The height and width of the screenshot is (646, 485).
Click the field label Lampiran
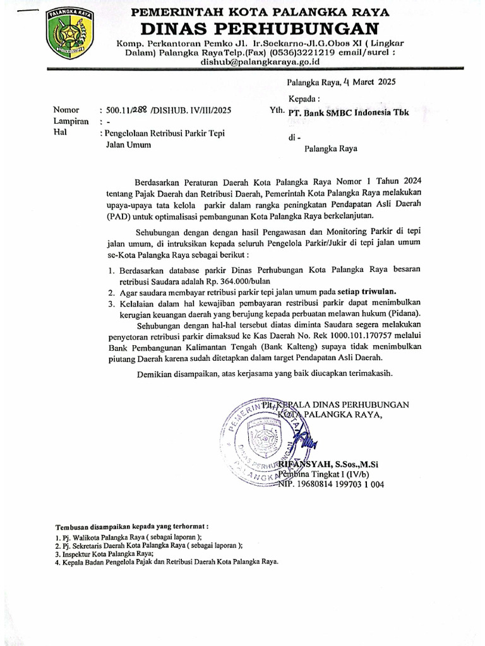[x=71, y=122]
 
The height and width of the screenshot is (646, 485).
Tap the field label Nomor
[x=66, y=110]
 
